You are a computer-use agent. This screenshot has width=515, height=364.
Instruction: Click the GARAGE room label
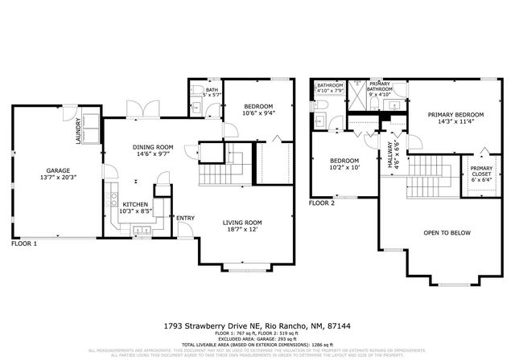click(x=56, y=170)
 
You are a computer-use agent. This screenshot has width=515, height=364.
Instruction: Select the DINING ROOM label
click(x=153, y=146)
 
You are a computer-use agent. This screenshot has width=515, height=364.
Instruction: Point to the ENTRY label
click(x=185, y=219)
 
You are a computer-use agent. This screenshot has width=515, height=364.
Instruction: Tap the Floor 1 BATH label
click(x=212, y=90)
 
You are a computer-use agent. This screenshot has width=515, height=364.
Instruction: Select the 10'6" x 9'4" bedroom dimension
click(x=258, y=113)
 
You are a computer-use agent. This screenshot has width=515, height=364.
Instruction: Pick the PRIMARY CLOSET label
click(x=481, y=170)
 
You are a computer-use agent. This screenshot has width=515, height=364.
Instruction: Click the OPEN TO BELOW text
click(x=447, y=233)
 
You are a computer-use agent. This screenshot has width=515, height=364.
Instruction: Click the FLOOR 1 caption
click(x=24, y=243)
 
